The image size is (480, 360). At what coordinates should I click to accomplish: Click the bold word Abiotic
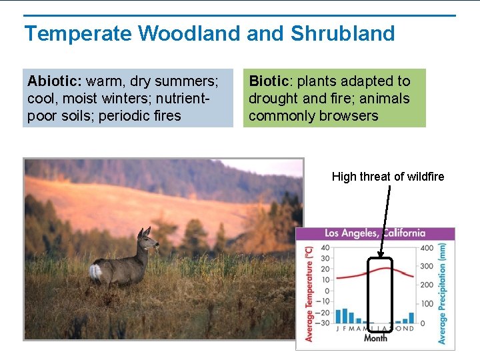pos(54,81)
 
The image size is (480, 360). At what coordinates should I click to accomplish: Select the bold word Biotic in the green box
pos(269,81)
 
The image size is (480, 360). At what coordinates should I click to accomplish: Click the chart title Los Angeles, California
pos(375,233)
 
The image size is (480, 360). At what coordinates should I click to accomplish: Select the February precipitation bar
pos(345,315)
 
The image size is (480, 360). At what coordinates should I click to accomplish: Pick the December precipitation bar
pos(411,317)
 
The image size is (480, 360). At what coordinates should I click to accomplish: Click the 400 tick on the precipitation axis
pos(426,248)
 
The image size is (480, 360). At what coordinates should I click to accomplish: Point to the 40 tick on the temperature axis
pos(325,248)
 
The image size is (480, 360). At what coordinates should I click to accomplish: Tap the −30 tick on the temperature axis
pos(323,323)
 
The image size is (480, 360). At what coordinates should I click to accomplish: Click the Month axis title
pos(375,338)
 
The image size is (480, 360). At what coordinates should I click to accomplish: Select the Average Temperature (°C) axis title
pos(309,293)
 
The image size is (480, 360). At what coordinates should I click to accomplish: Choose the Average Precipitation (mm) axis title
pos(442,293)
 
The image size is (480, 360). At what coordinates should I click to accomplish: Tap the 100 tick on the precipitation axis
pos(426,304)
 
